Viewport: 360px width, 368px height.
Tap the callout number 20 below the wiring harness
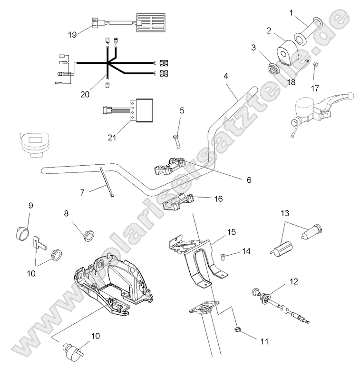point(85,94)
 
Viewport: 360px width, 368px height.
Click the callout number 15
point(231,232)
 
